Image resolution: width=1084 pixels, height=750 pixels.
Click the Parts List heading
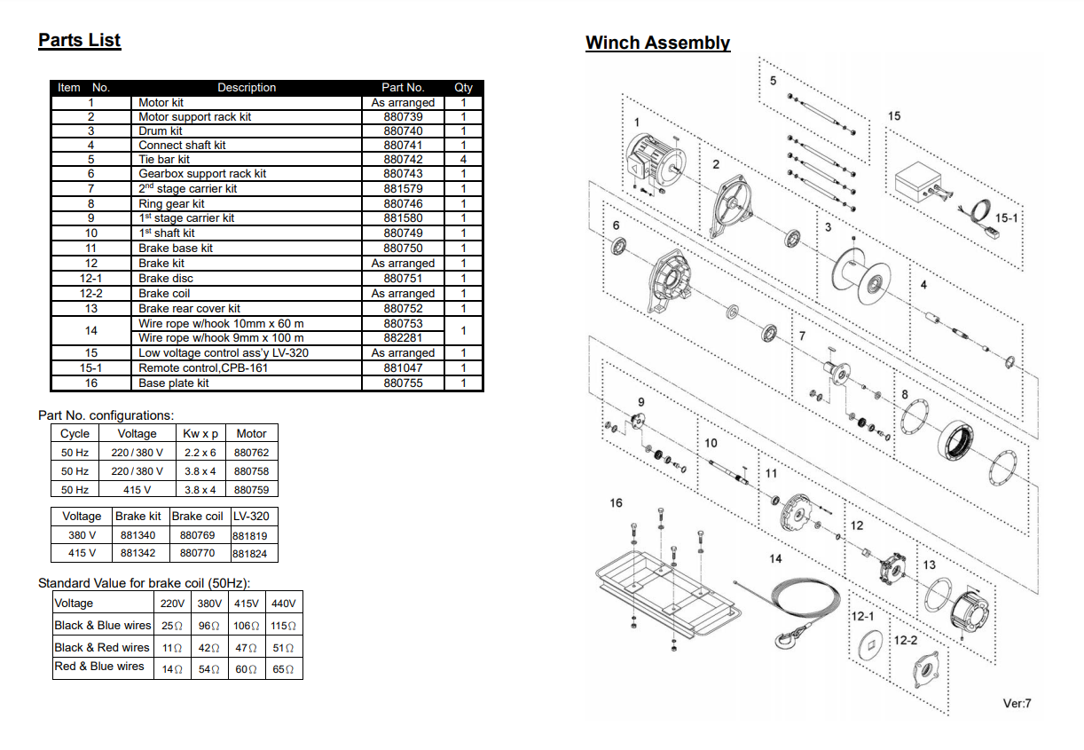coord(79,40)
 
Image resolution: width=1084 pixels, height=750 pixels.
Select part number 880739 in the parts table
coord(403,117)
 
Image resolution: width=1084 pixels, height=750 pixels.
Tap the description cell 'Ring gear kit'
coord(171,203)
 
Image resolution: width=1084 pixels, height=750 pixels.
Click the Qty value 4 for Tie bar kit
coord(463,160)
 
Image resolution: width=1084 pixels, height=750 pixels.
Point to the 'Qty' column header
coord(463,88)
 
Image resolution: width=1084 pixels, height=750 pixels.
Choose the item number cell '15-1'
coord(90,367)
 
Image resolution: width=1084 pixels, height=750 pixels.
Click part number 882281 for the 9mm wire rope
coord(403,338)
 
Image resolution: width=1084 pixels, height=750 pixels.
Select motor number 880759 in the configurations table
coord(251,490)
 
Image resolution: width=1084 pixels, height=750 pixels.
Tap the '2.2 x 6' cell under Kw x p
coord(200,453)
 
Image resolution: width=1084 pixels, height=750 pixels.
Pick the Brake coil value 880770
coord(197,553)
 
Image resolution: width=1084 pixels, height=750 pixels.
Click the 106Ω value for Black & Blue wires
coord(246,626)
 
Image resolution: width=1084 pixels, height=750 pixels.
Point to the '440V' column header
coord(283,604)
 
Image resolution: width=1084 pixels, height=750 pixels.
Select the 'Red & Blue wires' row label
coord(99,667)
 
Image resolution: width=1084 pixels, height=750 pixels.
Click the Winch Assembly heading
coord(657,43)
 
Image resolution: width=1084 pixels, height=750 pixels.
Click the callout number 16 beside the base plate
coord(617,503)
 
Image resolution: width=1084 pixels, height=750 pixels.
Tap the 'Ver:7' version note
coord(1017,704)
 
